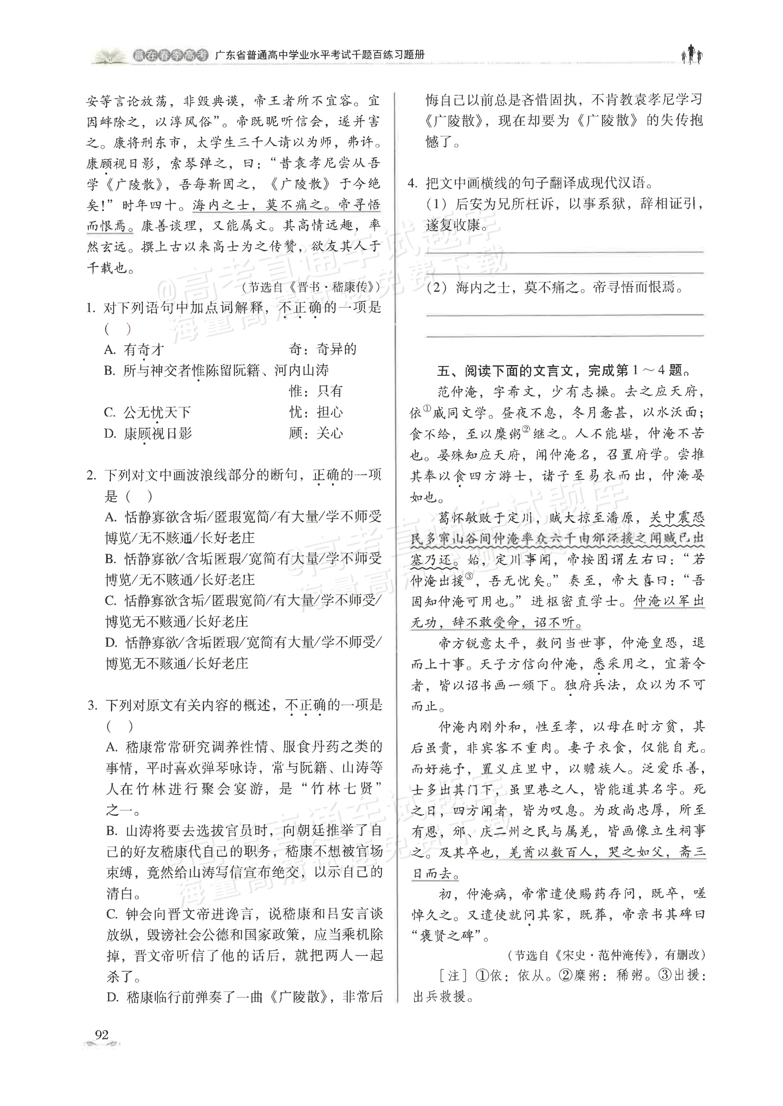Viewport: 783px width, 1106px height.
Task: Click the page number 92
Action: pyautogui.click(x=102, y=1034)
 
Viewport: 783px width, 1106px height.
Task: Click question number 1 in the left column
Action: pyautogui.click(x=91, y=308)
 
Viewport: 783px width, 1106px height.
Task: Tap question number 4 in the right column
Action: pyautogui.click(x=413, y=183)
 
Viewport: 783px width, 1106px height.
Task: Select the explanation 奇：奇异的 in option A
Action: pyautogui.click(x=322, y=349)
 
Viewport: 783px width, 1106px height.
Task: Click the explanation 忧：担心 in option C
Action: pyautogui.click(x=316, y=412)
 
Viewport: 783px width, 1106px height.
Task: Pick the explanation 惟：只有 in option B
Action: pyautogui.click(x=316, y=391)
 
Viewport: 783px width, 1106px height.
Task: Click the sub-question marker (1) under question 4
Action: pyautogui.click(x=437, y=205)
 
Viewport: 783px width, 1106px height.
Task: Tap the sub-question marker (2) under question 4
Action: pyautogui.click(x=437, y=288)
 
